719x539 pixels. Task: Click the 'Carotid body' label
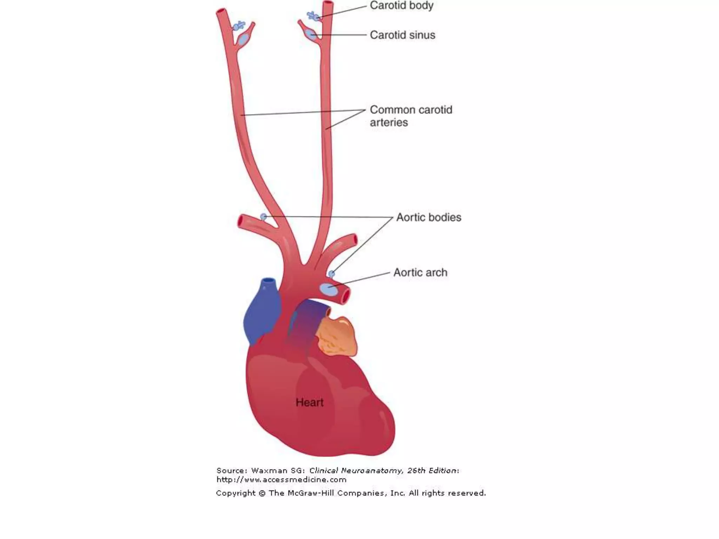click(x=402, y=6)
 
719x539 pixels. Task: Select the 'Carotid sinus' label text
click(x=402, y=35)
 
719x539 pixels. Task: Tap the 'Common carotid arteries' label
click(x=411, y=116)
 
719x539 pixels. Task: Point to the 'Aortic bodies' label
click(x=429, y=218)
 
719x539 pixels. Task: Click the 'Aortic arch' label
click(x=420, y=273)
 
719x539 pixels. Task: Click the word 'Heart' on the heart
click(x=309, y=402)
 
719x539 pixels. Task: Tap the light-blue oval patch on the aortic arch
click(x=328, y=290)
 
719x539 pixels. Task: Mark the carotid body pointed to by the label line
click(x=313, y=16)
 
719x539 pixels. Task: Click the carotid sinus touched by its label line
click(x=310, y=34)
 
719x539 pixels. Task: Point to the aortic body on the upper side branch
click(x=264, y=217)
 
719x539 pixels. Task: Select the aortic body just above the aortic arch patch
click(x=331, y=274)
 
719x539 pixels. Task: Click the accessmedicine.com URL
click(x=281, y=480)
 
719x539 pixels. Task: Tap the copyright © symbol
click(x=262, y=493)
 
